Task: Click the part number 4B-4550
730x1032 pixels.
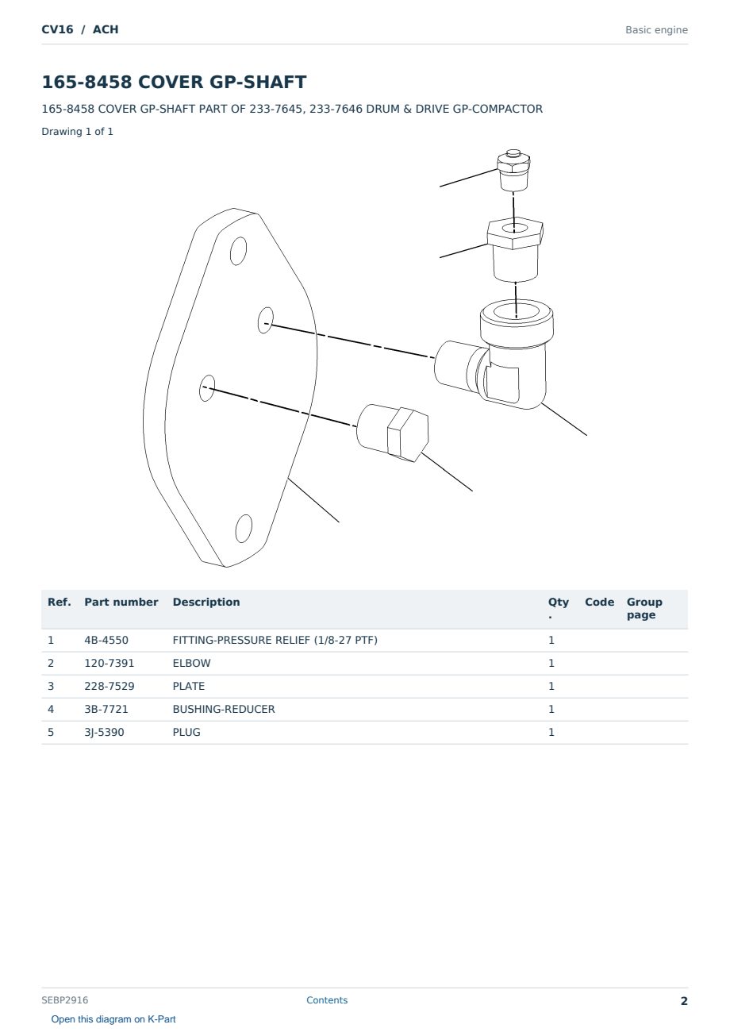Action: click(106, 640)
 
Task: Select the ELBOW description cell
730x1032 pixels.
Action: click(191, 663)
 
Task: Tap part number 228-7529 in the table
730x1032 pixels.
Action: click(109, 686)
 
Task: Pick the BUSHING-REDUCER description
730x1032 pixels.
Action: click(224, 709)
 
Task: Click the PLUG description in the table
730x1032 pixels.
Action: click(186, 732)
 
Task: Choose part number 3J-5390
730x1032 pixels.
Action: click(104, 732)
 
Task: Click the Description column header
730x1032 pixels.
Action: click(206, 602)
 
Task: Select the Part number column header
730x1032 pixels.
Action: click(121, 602)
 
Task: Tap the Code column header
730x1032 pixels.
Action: click(599, 602)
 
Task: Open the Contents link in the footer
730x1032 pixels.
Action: click(327, 999)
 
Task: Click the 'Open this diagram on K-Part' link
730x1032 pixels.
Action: click(113, 1019)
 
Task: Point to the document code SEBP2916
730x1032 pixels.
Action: click(65, 999)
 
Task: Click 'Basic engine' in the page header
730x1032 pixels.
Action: click(656, 30)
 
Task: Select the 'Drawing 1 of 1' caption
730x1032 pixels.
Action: click(78, 131)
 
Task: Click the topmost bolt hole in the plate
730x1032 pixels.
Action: click(238, 251)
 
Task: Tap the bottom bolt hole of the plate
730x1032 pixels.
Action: click(244, 529)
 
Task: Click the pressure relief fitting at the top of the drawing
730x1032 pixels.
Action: click(513, 170)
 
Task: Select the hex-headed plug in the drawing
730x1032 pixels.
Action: click(393, 433)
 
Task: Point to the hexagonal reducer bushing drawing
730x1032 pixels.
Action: click(515, 249)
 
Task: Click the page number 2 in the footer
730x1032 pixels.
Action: click(684, 1001)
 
